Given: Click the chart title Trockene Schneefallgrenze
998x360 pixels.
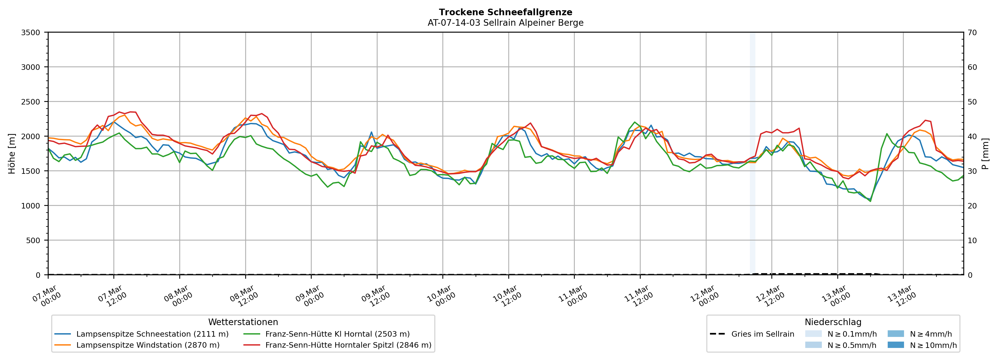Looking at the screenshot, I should click(x=505, y=12).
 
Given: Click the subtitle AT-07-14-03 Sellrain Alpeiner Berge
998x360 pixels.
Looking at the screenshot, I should click(x=505, y=23).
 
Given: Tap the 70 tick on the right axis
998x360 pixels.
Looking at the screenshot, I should click(x=972, y=33).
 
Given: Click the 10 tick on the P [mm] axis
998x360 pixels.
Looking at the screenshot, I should click(x=972, y=241).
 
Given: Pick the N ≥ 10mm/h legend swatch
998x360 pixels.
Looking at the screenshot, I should click(x=896, y=345).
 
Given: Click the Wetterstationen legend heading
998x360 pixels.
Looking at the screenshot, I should click(x=243, y=322).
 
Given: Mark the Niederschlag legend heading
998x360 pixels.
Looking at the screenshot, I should click(x=833, y=322).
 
